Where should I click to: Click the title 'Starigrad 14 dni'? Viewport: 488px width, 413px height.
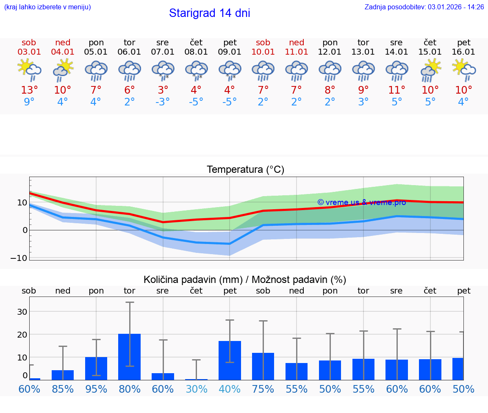coord(209,13)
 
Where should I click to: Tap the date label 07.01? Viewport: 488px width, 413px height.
coord(163,52)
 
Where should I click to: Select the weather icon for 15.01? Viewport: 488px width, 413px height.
coord(430,70)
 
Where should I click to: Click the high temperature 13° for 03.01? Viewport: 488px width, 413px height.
coord(29,90)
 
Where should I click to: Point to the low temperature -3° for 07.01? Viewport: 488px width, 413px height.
coord(162,102)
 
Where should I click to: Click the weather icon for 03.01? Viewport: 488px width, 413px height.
coord(29,70)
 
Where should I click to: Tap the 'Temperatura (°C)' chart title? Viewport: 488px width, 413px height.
coord(245,170)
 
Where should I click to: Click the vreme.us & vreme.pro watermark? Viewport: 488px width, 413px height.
coord(361,202)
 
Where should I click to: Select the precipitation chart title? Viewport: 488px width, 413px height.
coord(245,280)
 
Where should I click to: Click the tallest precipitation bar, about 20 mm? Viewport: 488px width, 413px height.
coord(130,357)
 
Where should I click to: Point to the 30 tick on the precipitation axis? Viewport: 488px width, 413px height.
coord(22,312)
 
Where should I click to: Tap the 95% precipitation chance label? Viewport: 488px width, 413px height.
coord(96,389)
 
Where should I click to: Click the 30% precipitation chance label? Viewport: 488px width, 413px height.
coord(196,389)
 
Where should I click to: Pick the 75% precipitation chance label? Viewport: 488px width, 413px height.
coord(263,389)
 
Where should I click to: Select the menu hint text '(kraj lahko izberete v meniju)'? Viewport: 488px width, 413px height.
coord(47,7)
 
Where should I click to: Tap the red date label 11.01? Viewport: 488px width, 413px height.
coord(297,52)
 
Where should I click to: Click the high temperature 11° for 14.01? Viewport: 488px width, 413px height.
coord(397,90)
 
